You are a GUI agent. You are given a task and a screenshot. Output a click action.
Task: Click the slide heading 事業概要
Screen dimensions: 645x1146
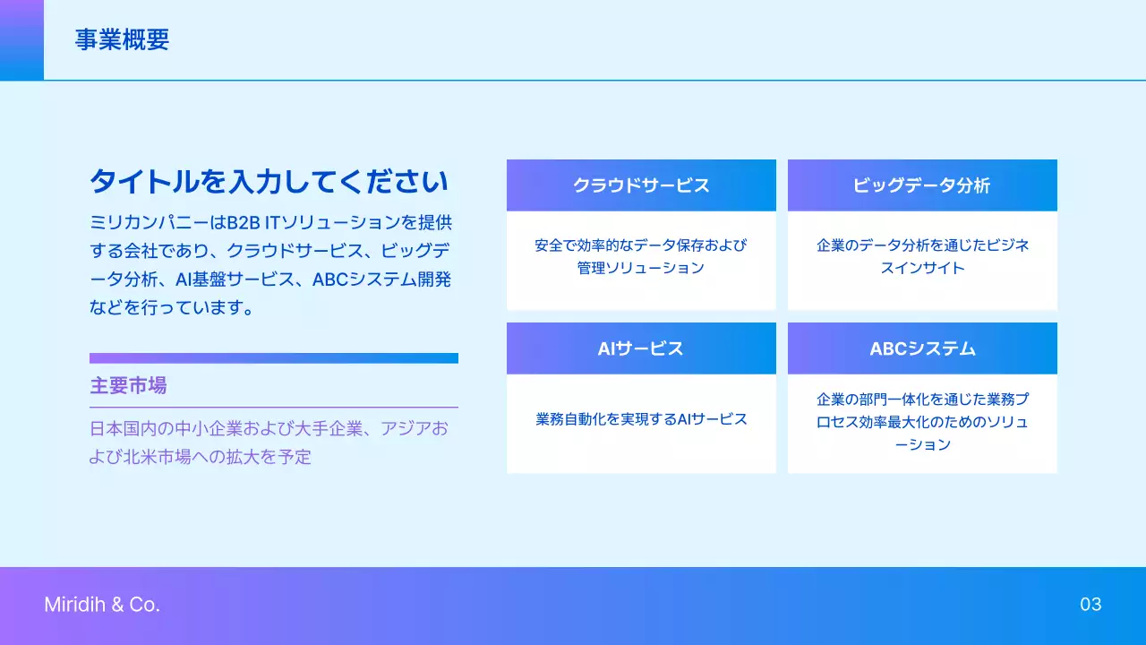pos(122,40)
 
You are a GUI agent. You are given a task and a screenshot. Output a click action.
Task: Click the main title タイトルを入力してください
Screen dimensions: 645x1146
pos(269,182)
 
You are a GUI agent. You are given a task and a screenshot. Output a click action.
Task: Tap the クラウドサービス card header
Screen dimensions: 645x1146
pos(641,185)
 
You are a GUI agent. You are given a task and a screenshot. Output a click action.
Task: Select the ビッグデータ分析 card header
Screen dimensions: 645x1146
pos(922,185)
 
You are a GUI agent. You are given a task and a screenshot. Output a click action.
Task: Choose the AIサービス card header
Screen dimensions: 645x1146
pos(641,348)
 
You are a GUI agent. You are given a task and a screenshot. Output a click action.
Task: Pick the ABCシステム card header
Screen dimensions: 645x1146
pos(922,348)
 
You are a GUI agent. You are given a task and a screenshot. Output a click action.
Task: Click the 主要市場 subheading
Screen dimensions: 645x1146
pos(128,386)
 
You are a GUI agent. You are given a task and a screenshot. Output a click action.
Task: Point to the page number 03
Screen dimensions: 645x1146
pos(1090,605)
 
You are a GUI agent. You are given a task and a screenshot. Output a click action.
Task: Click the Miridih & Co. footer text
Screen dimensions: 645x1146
pos(102,605)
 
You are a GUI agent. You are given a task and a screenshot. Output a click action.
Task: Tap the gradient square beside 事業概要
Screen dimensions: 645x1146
pos(21,39)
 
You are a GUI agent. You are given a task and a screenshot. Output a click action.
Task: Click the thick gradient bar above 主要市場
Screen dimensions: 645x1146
pos(274,358)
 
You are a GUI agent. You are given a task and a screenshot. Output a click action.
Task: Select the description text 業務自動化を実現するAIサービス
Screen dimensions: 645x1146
pos(641,419)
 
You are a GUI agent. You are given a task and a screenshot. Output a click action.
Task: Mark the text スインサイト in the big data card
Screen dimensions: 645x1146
pos(922,268)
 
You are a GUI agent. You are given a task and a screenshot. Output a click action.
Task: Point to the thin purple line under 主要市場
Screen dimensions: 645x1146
pos(274,408)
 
